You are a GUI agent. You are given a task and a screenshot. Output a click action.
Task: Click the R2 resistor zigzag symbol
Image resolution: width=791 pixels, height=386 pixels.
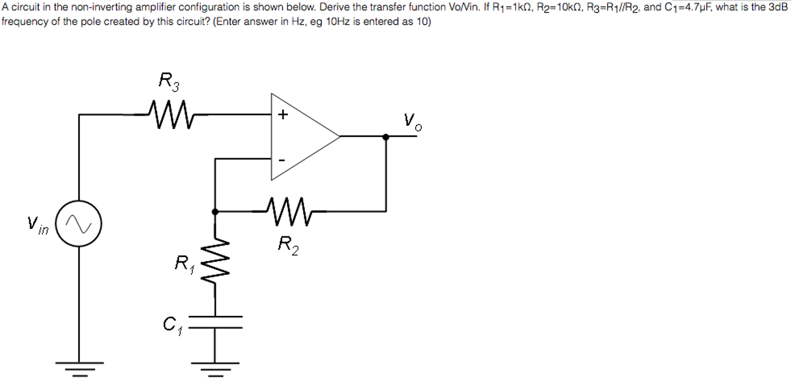click(289, 211)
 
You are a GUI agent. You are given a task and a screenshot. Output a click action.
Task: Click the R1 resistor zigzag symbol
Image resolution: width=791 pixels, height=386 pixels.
click(215, 262)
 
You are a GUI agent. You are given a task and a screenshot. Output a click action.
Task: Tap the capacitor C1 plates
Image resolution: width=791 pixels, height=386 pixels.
click(215, 322)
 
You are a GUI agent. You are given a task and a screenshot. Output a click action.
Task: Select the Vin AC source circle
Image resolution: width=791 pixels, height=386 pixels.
click(79, 223)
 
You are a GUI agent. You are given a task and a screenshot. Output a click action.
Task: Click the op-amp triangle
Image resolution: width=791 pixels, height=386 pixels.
click(302, 136)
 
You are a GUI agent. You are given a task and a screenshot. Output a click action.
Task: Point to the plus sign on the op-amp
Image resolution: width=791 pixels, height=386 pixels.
click(283, 114)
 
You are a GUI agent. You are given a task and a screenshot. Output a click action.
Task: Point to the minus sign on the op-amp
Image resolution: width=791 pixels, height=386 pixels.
click(282, 160)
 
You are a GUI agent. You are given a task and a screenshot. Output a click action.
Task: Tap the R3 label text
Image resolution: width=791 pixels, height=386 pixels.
click(169, 82)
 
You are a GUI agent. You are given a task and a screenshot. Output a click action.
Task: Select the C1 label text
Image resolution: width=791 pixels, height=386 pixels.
click(172, 325)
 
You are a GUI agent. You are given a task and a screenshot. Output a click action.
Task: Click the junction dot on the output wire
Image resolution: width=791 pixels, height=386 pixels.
click(385, 137)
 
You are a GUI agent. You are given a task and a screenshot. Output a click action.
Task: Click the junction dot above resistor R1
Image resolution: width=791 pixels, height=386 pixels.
click(215, 212)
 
